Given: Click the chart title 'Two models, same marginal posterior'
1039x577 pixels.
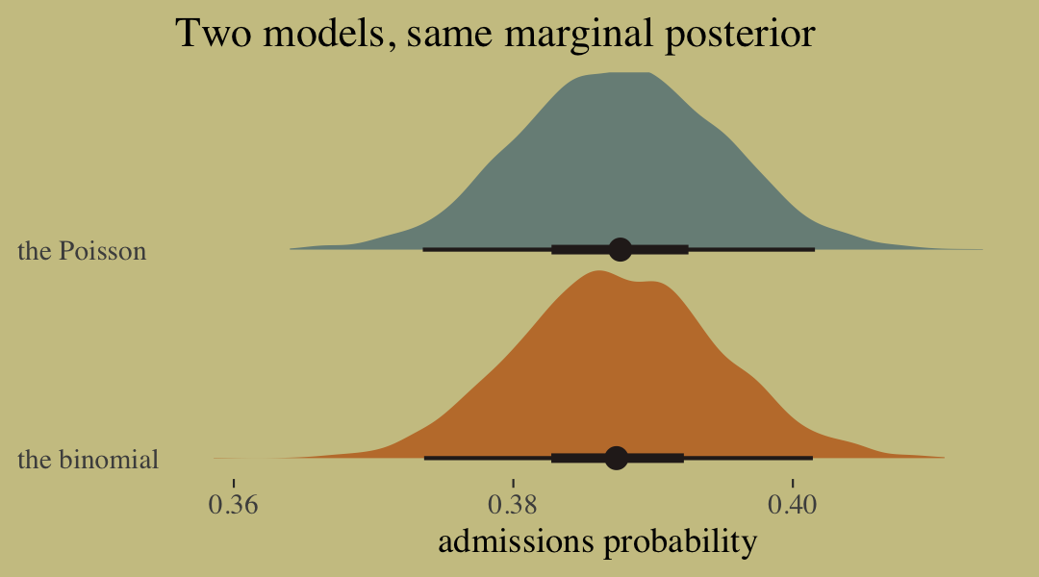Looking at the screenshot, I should pos(494,35).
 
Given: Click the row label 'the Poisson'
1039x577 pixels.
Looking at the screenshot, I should pos(82,251).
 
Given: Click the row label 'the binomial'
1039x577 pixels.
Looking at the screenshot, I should pos(88,460).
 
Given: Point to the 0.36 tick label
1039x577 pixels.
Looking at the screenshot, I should pos(234,505).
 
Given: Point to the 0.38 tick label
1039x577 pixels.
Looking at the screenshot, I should pos(513,505).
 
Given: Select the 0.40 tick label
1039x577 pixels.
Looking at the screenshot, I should pos(793,505).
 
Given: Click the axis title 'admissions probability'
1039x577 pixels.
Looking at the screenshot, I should pos(597,541).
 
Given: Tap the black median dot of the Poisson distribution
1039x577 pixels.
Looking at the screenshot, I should pos(620,249).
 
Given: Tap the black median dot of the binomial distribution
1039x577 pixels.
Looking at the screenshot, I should pos(617,458).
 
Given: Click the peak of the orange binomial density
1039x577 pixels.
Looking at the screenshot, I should pos(598,272).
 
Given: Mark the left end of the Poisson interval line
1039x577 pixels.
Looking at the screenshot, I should pos(424,249).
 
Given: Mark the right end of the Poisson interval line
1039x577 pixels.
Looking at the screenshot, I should pos(814,249).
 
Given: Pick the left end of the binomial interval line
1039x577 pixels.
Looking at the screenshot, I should pos(425,458).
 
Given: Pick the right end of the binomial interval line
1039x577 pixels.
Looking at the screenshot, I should pos(812,458).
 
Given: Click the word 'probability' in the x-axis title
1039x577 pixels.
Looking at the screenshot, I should pos(679,542).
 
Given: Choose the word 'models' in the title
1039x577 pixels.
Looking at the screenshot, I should pos(322,35).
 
